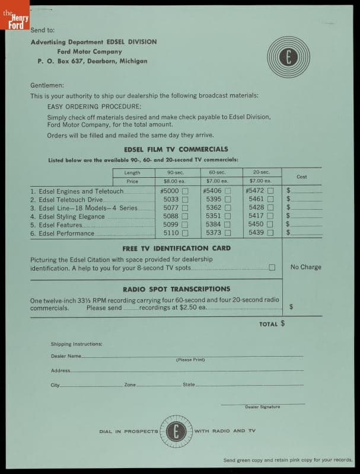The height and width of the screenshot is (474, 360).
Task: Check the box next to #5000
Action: [x=185, y=191]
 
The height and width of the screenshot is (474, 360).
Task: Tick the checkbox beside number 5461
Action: [x=270, y=200]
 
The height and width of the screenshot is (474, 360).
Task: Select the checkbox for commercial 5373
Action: [x=228, y=233]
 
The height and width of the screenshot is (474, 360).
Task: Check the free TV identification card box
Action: [x=272, y=267]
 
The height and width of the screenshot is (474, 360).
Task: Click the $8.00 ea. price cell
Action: [x=175, y=181]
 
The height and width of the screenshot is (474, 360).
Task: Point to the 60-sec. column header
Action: [x=217, y=172]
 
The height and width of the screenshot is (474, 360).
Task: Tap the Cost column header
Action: [x=301, y=177]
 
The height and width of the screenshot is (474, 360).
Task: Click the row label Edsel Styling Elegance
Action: [x=72, y=217]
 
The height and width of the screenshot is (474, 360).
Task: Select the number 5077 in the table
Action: [x=171, y=209]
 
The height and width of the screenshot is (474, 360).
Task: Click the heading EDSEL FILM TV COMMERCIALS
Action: [x=176, y=149]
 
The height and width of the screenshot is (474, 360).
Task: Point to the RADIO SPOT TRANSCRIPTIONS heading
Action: [x=176, y=289]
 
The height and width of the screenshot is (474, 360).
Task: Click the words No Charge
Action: [x=306, y=267]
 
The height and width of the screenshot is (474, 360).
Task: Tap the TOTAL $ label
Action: [x=272, y=324]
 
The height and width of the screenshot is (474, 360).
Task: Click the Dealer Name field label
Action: [x=66, y=356]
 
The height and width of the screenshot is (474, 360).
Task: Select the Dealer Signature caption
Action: [x=262, y=407]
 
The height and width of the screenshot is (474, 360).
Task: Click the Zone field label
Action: [x=130, y=385]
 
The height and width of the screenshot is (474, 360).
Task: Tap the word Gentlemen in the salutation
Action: [x=47, y=85]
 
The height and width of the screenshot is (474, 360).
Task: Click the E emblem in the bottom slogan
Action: [x=176, y=431]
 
